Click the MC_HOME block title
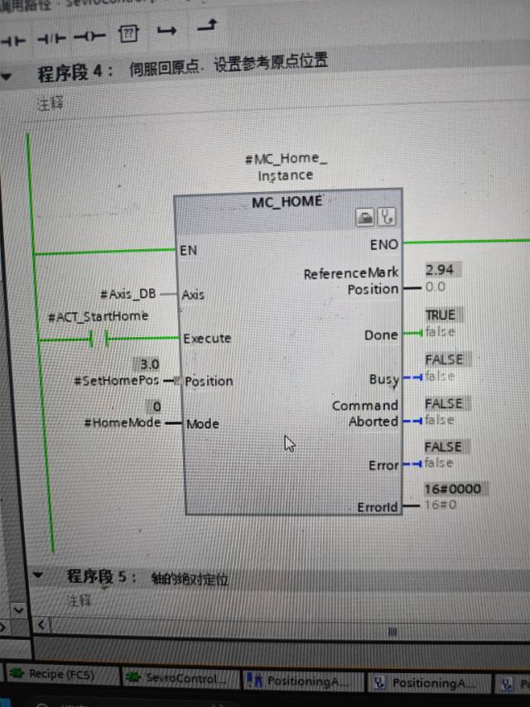(x=287, y=200)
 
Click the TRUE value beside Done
(x=440, y=315)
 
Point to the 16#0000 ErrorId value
(x=452, y=488)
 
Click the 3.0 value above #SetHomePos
(x=149, y=364)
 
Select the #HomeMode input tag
(x=123, y=422)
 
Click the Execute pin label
(x=207, y=338)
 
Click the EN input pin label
(x=189, y=250)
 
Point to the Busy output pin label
(x=383, y=379)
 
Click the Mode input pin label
(x=202, y=424)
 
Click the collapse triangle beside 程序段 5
(x=37, y=575)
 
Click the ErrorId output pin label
(x=378, y=507)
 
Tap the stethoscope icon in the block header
(x=387, y=218)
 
